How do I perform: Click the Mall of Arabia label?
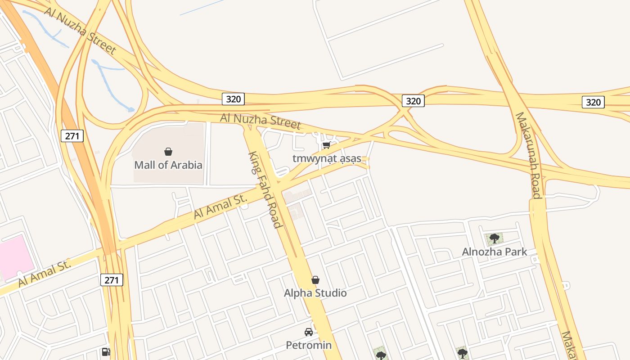168,165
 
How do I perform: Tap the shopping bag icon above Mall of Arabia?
168,152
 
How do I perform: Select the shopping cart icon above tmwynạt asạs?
326,145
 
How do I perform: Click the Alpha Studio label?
315,293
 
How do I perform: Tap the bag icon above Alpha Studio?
315,280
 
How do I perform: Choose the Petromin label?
309,346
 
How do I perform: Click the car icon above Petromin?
309,332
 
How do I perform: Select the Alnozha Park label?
494,252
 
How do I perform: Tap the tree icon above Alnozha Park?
494,238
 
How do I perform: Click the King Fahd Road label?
265,189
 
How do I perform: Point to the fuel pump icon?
106,351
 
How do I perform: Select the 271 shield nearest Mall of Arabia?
72,135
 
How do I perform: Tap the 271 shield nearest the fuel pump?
111,280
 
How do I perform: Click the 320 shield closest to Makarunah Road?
593,102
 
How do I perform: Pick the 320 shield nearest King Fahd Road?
233,99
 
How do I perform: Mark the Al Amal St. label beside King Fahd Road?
220,206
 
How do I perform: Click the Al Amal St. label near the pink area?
45,274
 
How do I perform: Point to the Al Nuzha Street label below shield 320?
260,121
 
